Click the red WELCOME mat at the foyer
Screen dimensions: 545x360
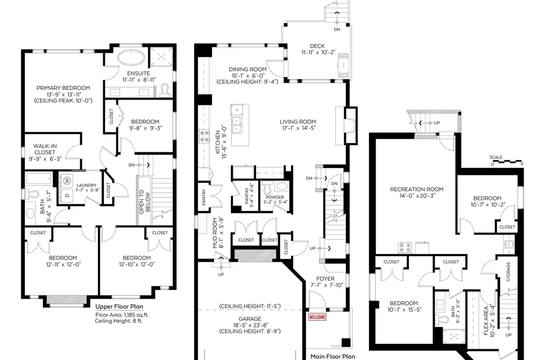click(317, 317)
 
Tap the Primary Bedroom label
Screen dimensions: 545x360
click(63, 88)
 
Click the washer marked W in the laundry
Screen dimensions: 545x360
click(67, 180)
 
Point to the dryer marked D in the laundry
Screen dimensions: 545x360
click(67, 195)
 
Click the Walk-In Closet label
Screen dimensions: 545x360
click(45, 149)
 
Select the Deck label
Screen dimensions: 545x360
click(317, 46)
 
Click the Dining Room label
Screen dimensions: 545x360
click(247, 69)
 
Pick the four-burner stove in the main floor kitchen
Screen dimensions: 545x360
click(204, 136)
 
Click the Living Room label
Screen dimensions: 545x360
click(298, 122)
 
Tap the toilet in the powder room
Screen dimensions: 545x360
click(267, 188)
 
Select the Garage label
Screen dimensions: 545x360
click(250, 319)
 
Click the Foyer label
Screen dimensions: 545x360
click(325, 279)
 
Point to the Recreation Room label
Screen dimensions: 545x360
click(417, 189)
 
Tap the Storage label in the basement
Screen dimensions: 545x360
click(508, 272)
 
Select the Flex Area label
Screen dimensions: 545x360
click(486, 320)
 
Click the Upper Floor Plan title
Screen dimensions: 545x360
click(119, 307)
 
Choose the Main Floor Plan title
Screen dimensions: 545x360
click(332, 356)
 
